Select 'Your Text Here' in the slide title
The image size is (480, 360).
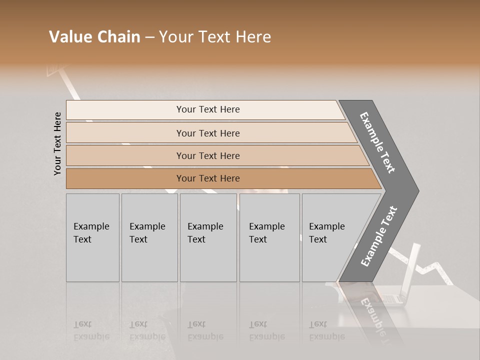pos(214,37)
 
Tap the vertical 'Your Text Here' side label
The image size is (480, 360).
pos(57,143)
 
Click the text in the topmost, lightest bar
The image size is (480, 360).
pos(208,109)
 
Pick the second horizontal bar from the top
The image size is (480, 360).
pos(208,133)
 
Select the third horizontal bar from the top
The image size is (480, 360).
pos(208,156)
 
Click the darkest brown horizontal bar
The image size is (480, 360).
pos(208,178)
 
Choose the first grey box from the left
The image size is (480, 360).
pos(92,237)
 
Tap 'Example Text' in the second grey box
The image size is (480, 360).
pos(147,233)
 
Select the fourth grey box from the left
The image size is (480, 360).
pos(269,237)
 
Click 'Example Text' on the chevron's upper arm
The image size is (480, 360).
pos(377,142)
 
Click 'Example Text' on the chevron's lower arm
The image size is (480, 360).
pos(378,236)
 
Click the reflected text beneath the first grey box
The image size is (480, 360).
pos(91,330)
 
